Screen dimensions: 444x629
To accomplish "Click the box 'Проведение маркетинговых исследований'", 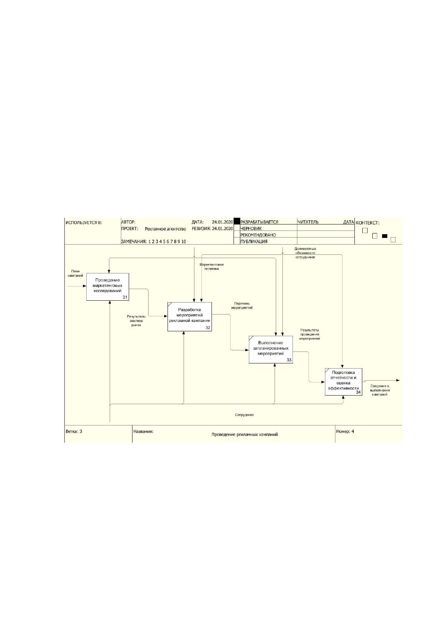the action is [x=107, y=287].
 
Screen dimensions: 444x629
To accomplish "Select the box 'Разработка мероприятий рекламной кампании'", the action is [x=190, y=317].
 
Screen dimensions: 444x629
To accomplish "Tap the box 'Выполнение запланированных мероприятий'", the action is [x=271, y=350].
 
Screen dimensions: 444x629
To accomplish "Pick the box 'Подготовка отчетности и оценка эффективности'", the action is [x=343, y=382].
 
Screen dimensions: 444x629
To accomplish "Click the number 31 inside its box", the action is [x=125, y=297].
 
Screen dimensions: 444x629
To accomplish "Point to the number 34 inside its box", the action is [x=358, y=392].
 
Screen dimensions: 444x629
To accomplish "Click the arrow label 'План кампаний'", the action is [x=75, y=273].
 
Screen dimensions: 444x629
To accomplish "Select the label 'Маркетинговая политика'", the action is [x=212, y=266].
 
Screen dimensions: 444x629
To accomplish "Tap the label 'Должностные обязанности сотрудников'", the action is [x=305, y=253].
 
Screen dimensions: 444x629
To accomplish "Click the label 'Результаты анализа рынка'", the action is [x=136, y=321].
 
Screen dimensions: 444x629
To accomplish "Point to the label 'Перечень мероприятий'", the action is [x=242, y=306].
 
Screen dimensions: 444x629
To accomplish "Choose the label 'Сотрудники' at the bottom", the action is [x=244, y=415].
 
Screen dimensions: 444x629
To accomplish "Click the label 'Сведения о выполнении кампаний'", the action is [x=380, y=390].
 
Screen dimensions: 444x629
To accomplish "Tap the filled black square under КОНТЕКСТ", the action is [x=384, y=236].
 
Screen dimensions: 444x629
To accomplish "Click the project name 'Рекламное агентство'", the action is [x=165, y=229].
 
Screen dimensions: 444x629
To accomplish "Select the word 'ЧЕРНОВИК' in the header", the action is [x=251, y=229].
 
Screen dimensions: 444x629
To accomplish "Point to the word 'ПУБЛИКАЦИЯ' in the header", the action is [x=254, y=242].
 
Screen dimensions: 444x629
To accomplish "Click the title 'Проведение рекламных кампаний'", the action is [x=245, y=434].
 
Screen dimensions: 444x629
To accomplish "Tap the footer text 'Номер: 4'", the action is [x=345, y=431].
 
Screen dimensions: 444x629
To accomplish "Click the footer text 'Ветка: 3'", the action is [x=74, y=431].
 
